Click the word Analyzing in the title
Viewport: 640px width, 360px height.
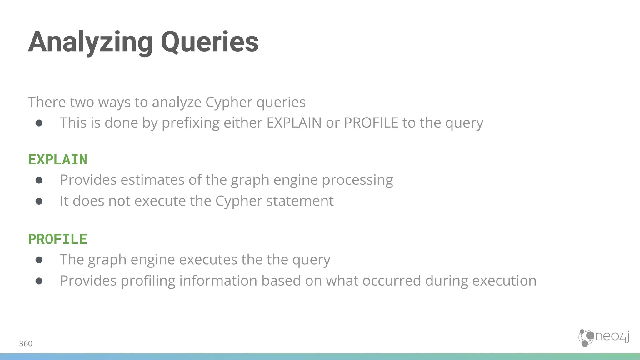90,42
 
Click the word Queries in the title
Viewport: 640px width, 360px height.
209,42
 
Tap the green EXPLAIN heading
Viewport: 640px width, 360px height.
58,160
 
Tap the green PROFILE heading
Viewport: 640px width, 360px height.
58,240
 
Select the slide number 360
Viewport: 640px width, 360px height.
26,344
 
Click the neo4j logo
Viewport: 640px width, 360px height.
603,338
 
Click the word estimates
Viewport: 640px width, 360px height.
152,180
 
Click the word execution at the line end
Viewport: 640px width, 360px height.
504,281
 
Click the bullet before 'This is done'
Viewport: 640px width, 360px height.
39,123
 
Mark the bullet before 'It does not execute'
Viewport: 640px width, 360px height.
39,201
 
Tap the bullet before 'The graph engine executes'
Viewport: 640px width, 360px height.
39,260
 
